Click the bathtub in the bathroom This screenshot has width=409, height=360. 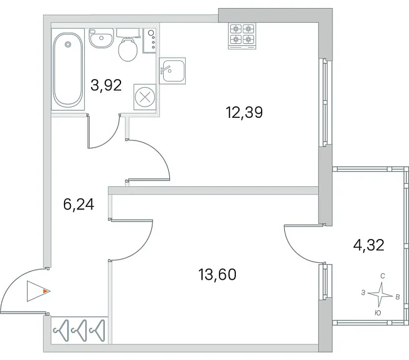pos(68,70)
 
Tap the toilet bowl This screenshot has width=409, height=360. pos(128,50)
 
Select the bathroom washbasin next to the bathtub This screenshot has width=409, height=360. pos(102,38)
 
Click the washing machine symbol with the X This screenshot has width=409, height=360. pos(145,97)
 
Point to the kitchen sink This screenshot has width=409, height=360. pos(173,71)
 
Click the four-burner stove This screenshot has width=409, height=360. pos(242,36)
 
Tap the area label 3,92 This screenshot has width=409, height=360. pos(106,85)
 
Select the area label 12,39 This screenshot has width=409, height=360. pos(245,112)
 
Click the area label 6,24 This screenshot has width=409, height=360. pos(78,204)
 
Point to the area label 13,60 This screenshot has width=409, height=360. pos(218,275)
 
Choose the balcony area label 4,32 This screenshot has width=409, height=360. pos(369,245)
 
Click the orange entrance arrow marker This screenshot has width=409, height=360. pos(46,291)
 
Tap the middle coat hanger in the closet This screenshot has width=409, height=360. pos(79,331)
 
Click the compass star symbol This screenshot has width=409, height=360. pos(380,295)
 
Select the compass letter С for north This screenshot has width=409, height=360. pos(383,276)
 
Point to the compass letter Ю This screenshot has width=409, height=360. pos(378,313)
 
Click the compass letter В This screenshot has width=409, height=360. pos(398,297)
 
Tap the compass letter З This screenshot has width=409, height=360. pos(363,293)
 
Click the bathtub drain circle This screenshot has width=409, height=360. pos(68,45)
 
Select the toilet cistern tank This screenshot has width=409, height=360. pos(128,33)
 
